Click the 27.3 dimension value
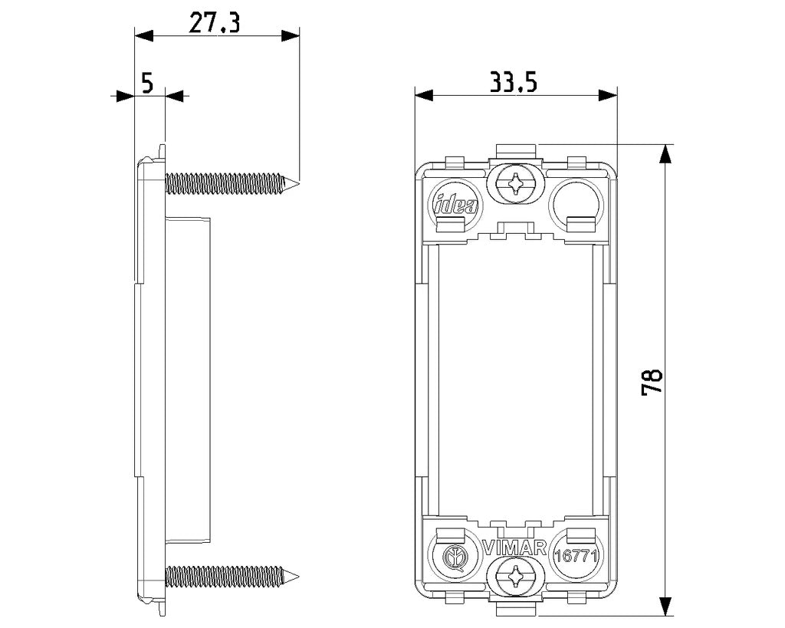click(215, 23)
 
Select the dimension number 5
click(147, 83)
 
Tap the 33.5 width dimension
click(513, 82)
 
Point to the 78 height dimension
click(652, 383)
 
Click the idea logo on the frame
click(455, 204)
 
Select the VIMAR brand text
click(514, 548)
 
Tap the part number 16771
click(576, 556)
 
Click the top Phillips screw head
click(515, 184)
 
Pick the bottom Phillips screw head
click(515, 578)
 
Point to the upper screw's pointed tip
click(299, 183)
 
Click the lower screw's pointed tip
click(299, 577)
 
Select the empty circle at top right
click(576, 203)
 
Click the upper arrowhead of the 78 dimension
click(665, 153)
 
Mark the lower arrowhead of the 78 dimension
click(665, 607)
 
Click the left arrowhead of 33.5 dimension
click(424, 94)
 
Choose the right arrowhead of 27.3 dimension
click(291, 35)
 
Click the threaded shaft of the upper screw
click(225, 183)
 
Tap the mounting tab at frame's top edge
click(516, 150)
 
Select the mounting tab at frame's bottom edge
click(516, 609)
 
